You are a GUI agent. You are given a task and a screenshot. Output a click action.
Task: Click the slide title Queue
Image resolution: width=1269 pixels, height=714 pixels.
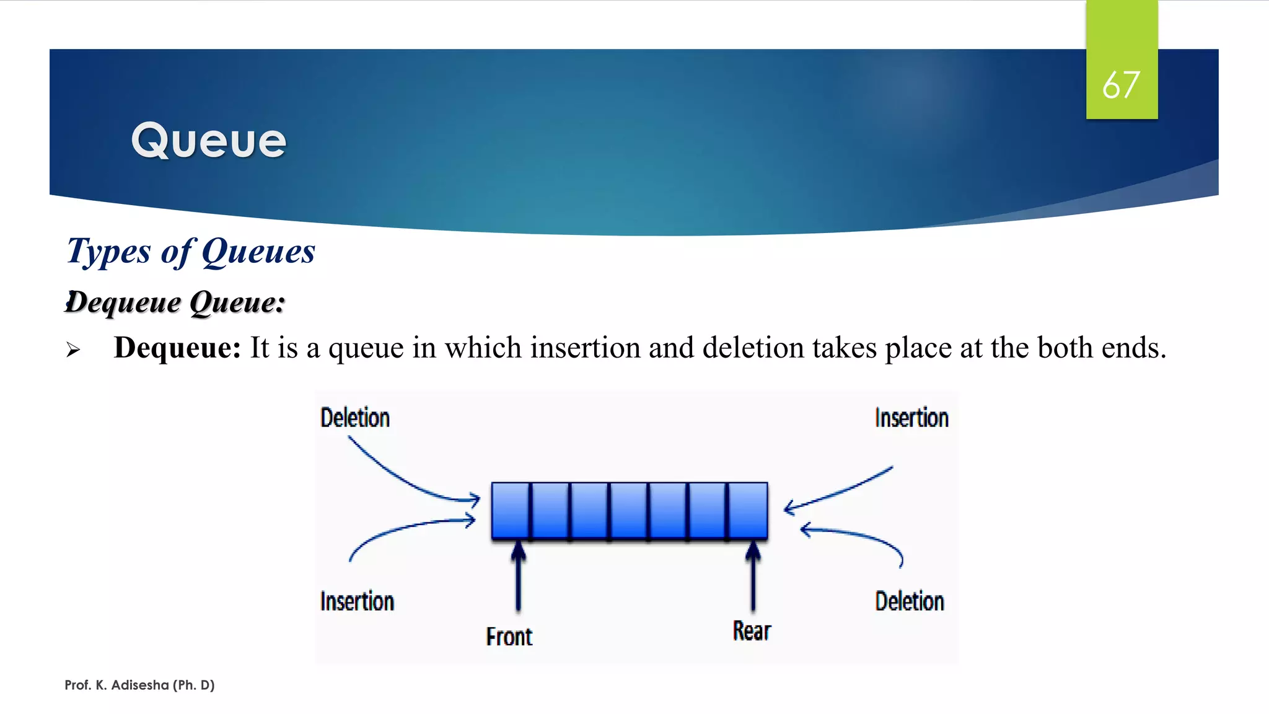point(209,141)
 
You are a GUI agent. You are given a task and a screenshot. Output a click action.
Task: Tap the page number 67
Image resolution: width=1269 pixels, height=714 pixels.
point(1121,86)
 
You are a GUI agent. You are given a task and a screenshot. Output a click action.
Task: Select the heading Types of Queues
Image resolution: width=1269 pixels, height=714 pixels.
point(191,252)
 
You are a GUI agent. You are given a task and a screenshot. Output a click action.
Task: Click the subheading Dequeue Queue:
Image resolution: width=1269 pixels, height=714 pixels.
point(175,302)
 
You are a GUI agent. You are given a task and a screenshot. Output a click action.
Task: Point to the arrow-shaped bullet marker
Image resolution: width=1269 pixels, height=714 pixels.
point(73,350)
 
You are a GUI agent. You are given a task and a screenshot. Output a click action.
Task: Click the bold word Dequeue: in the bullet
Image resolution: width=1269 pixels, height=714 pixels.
point(177,348)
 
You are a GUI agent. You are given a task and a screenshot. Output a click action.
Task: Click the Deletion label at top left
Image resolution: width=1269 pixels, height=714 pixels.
point(355,418)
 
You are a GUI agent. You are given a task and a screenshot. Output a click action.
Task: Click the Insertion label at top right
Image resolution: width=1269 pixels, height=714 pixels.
point(911,418)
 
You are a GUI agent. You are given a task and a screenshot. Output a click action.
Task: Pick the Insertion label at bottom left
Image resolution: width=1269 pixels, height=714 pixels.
point(357,601)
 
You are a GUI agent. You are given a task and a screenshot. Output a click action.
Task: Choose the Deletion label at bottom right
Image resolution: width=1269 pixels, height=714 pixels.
point(910,601)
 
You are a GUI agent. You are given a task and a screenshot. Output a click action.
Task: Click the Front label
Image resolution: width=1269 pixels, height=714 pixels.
point(509,637)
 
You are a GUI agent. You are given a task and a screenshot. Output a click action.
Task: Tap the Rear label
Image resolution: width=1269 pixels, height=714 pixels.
point(752,631)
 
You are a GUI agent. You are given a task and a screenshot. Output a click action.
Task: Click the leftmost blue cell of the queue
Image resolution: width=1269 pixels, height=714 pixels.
point(511,510)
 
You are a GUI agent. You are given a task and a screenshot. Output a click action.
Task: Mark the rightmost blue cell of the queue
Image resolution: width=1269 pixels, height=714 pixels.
point(748,510)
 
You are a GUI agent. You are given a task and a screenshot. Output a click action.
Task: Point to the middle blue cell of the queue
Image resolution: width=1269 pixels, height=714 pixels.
point(629,510)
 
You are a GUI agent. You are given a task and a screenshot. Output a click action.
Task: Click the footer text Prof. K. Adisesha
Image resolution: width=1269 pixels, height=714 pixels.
point(139,685)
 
